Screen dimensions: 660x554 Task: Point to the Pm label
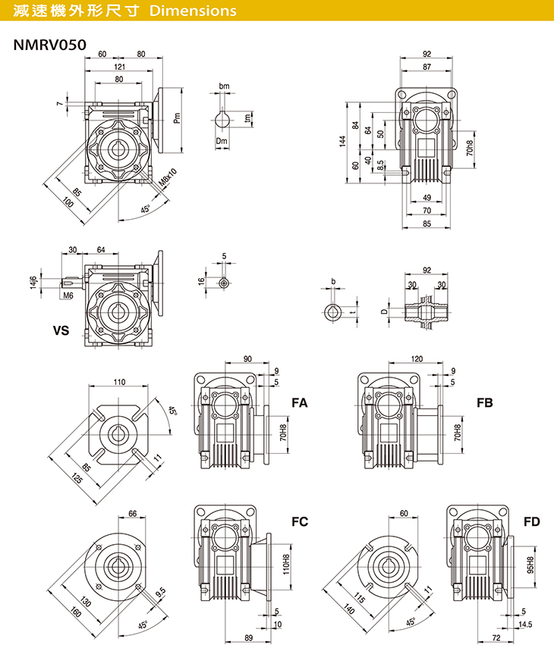click(177, 117)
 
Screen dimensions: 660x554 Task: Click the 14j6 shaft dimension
click(32, 282)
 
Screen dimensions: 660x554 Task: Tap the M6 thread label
click(68, 296)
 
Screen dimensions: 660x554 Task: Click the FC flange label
click(300, 521)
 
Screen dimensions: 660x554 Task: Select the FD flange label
click(531, 521)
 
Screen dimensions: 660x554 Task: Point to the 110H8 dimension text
click(286, 564)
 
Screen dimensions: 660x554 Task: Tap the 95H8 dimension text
click(530, 565)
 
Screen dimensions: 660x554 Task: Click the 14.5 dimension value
click(524, 624)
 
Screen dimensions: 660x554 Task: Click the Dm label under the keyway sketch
click(222, 142)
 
